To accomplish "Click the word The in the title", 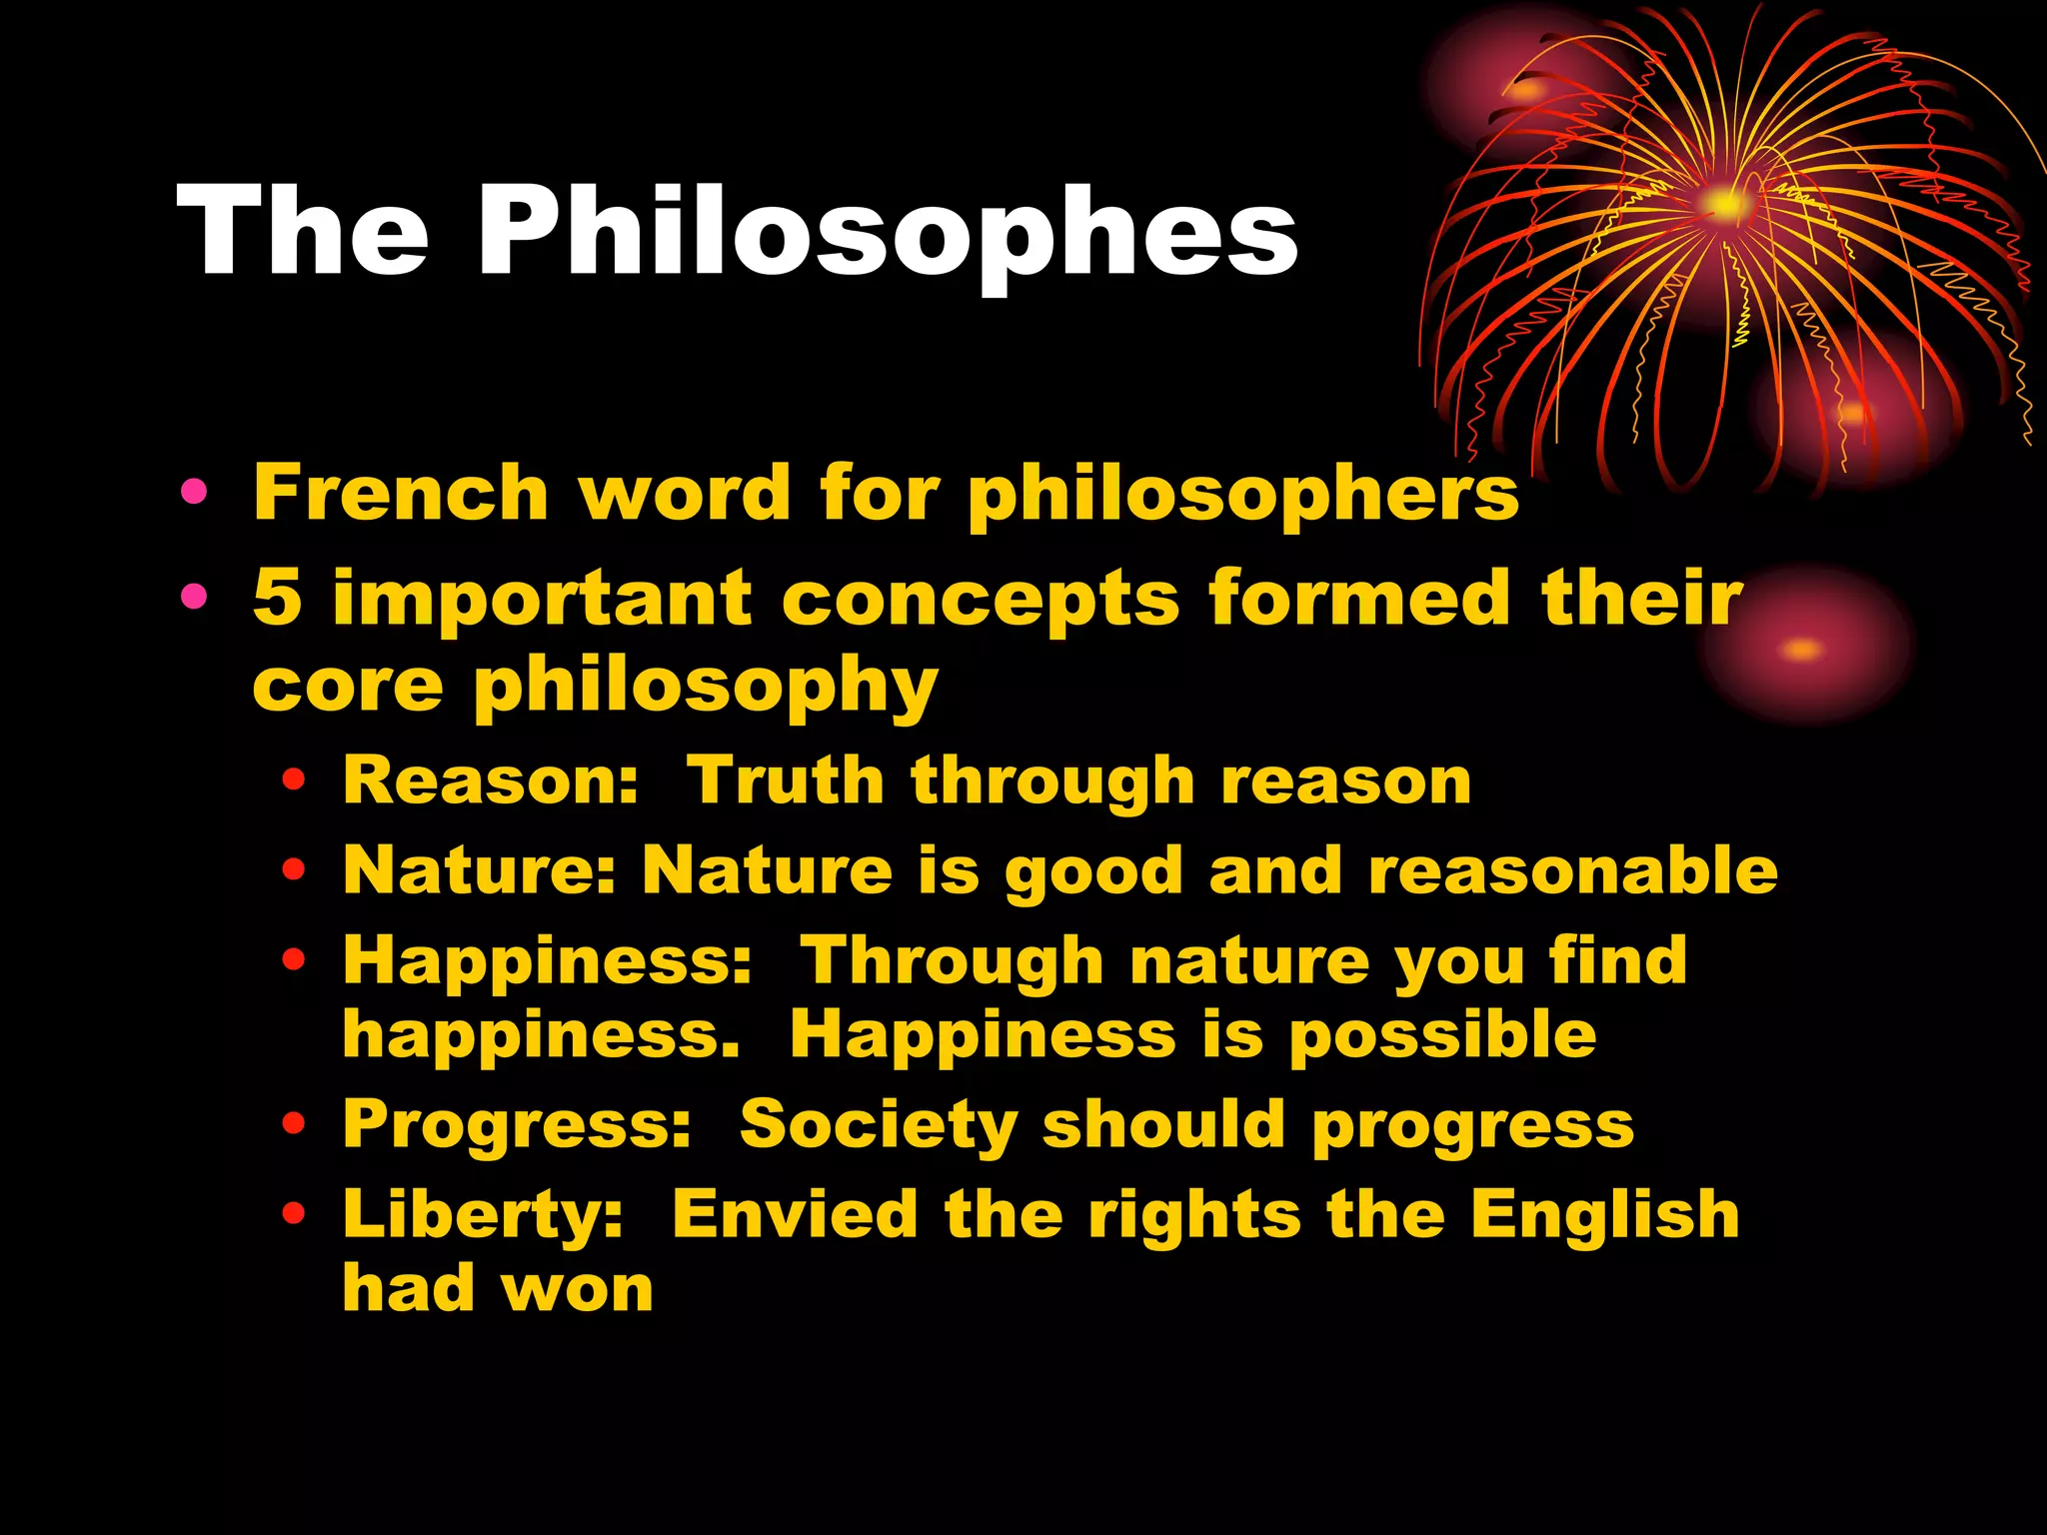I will point(303,232).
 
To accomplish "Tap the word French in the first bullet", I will point(400,493).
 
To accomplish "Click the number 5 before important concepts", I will point(277,598).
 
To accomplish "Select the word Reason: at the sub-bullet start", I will point(490,780).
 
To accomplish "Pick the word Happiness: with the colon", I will point(547,960).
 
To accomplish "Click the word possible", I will point(1441,1037).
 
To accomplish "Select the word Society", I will point(878,1126).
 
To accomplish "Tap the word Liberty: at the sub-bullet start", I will point(483,1216).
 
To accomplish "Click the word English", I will point(1604,1215).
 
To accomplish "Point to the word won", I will point(578,1289).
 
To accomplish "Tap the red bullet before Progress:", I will point(293,1125).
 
